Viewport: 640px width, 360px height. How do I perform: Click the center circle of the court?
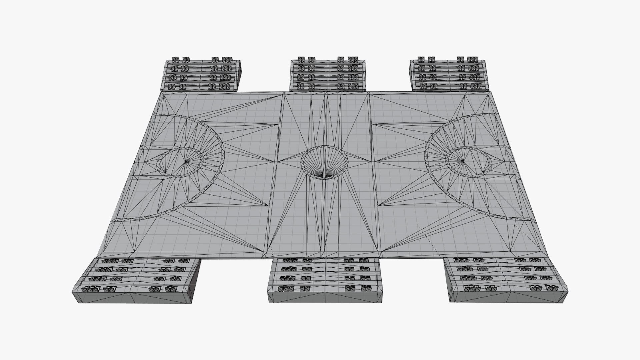pos(324,163)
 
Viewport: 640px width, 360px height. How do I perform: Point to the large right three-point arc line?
pos(426,157)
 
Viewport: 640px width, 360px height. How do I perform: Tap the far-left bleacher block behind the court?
pos(203,76)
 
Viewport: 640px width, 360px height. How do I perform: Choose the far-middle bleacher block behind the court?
pos(328,75)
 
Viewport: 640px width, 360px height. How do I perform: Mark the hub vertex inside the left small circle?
pos(185,162)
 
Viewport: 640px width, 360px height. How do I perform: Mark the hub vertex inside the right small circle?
pos(463,161)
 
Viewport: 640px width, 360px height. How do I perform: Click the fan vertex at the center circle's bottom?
pos(323,176)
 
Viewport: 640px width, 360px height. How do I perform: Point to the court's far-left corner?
pos(162,93)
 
